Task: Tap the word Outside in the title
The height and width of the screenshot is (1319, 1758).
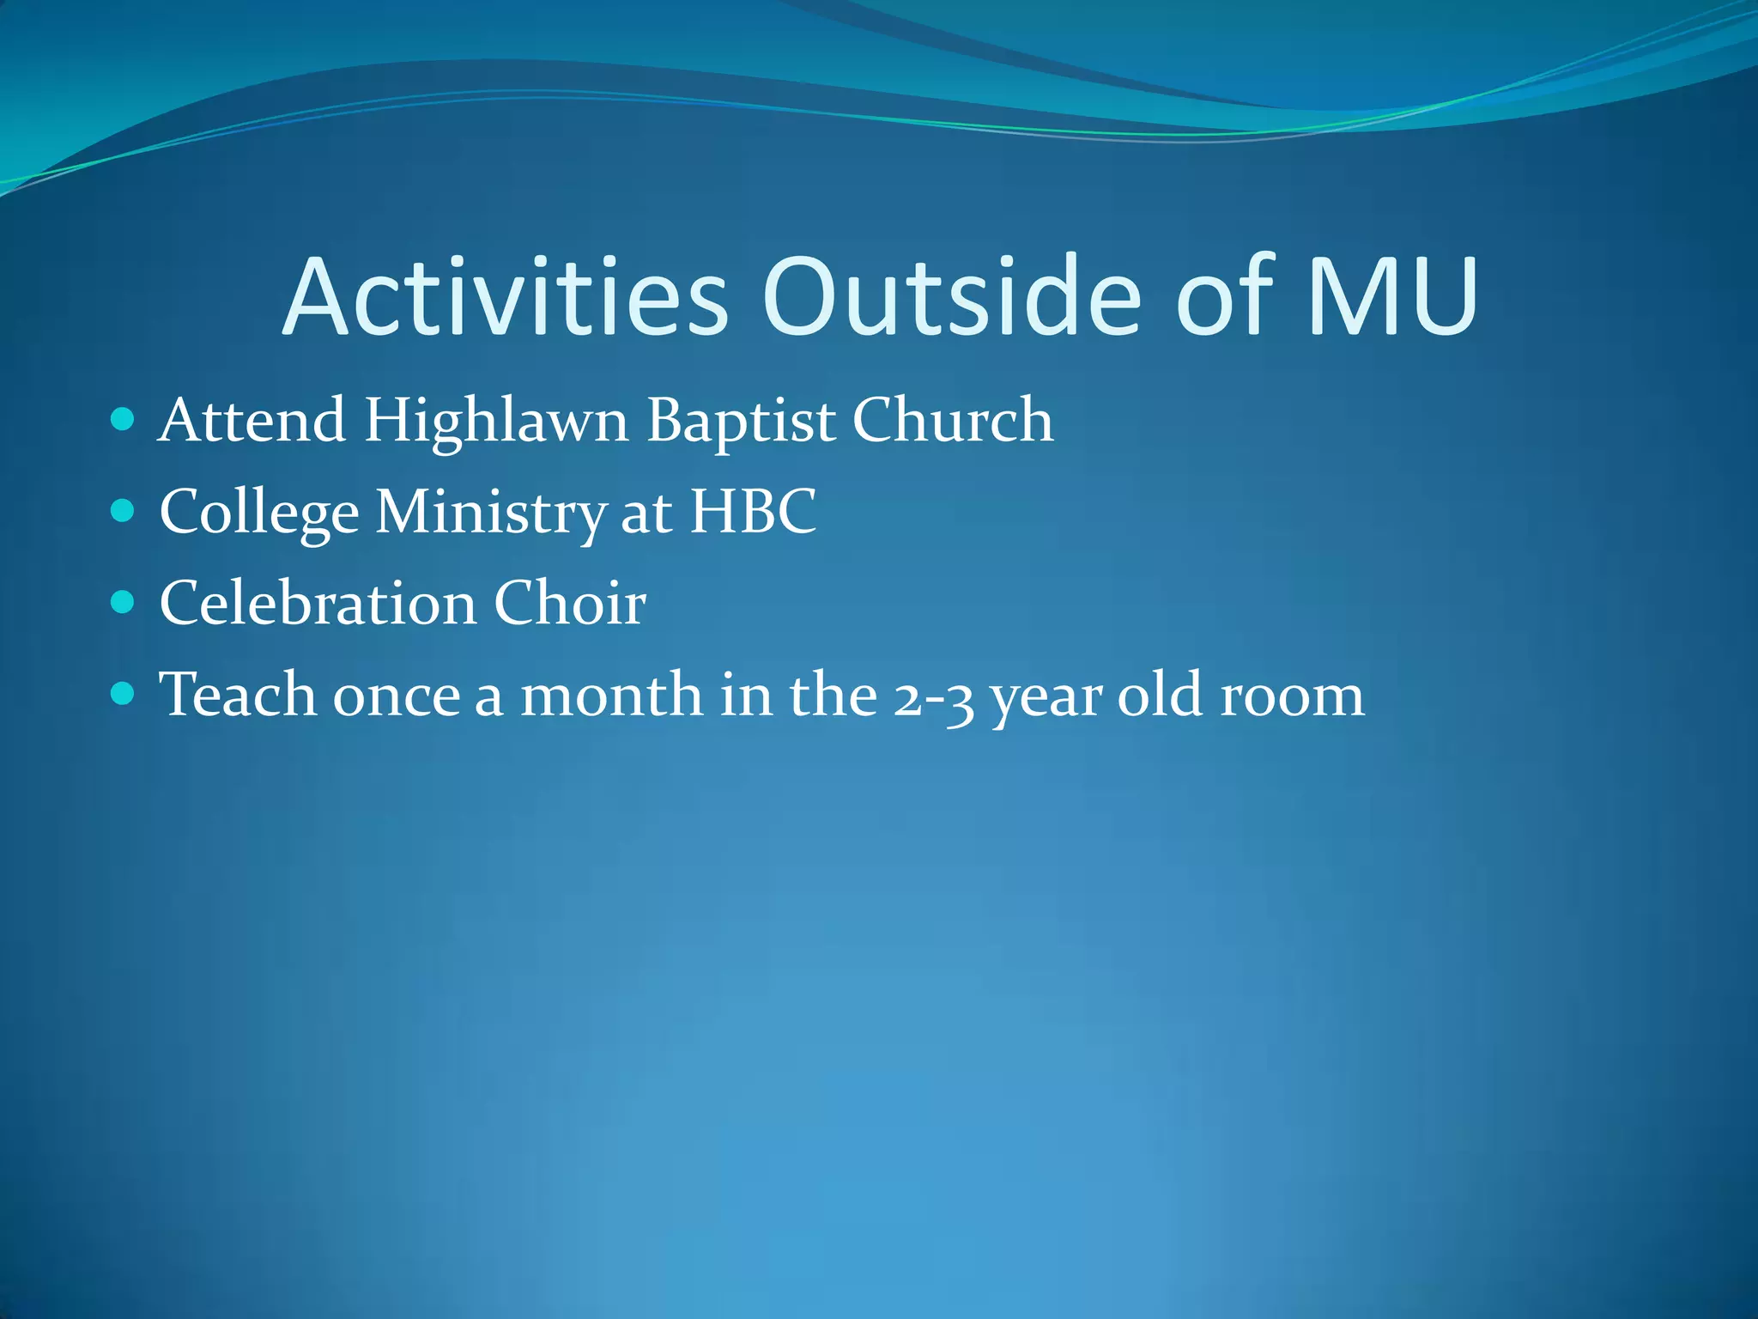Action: (x=951, y=297)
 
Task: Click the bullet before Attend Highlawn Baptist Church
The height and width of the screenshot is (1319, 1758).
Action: (x=124, y=420)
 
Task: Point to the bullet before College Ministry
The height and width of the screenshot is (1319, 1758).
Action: (x=124, y=512)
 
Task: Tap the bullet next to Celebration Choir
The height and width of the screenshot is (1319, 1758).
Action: (x=124, y=602)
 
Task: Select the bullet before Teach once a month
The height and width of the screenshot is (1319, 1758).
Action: (x=124, y=693)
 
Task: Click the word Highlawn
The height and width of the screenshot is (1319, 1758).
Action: (x=496, y=422)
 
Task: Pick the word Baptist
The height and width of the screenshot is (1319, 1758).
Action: (x=740, y=422)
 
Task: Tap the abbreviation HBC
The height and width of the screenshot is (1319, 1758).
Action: (x=754, y=512)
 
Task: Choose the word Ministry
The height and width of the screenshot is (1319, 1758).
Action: (x=491, y=514)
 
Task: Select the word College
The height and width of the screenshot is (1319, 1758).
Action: (x=258, y=514)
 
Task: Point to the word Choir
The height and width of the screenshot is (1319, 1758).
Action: (x=569, y=603)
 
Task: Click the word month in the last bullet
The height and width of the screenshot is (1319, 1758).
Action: (x=611, y=695)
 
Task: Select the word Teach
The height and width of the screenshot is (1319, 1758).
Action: (x=238, y=695)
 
